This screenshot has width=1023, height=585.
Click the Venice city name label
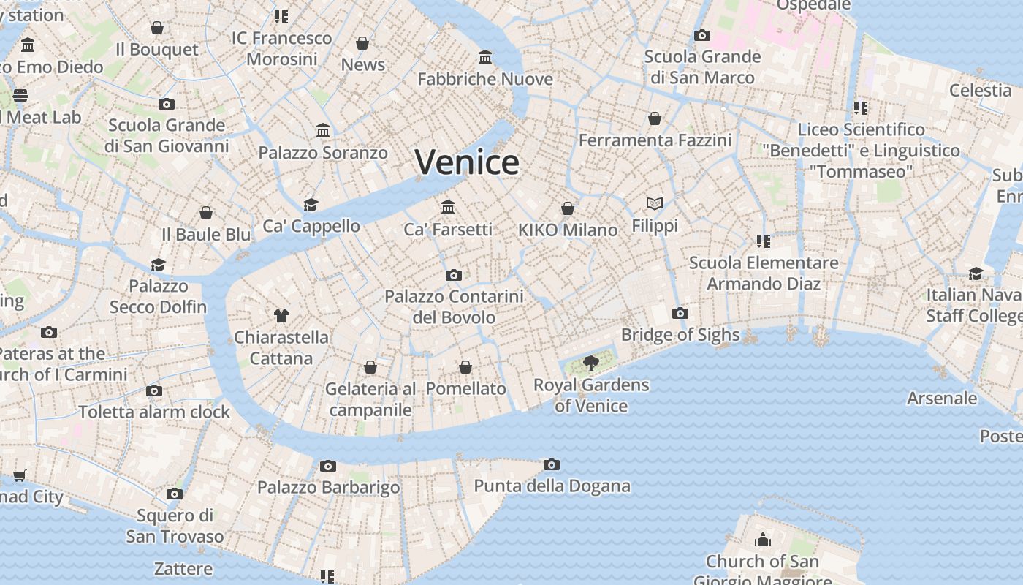pos(467,162)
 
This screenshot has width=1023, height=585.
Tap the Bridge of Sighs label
pos(680,335)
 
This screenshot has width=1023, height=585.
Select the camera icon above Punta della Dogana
pos(552,464)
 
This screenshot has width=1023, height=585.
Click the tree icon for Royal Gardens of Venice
pos(591,363)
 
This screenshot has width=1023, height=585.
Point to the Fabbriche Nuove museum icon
pos(485,57)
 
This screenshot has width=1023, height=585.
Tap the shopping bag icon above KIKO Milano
pos(568,208)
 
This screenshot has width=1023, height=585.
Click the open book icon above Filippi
pos(655,204)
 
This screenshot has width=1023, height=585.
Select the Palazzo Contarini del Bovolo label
pos(454,307)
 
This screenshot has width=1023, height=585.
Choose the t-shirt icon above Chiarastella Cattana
pos(281,316)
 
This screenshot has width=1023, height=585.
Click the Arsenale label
pos(941,399)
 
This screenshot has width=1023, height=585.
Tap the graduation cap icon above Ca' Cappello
pos(311,205)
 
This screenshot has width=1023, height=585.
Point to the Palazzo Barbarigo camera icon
pos(328,466)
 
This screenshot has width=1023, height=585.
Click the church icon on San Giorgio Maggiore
pos(763,540)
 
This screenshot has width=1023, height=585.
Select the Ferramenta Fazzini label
pos(655,140)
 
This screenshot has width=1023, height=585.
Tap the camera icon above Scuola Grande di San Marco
pos(702,35)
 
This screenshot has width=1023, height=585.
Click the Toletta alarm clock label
pos(154,412)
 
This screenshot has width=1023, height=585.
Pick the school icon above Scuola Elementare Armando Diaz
pos(764,241)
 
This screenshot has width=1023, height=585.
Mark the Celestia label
pos(980,91)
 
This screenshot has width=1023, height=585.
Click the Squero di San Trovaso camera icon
pos(174,494)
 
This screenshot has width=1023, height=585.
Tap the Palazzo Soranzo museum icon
pos(323,131)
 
